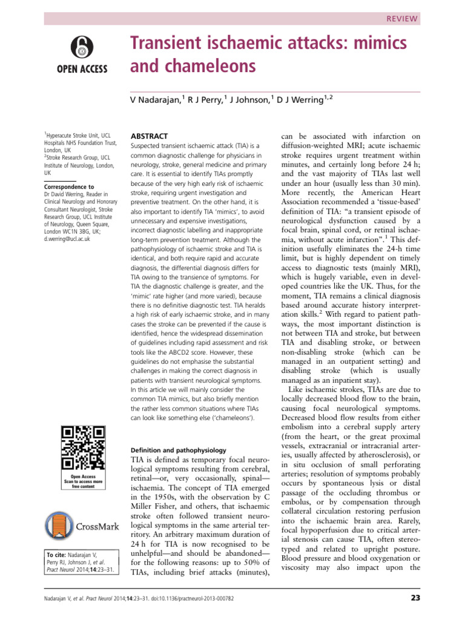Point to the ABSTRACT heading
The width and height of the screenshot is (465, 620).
(x=149, y=136)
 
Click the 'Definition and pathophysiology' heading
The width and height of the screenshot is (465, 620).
(x=178, y=450)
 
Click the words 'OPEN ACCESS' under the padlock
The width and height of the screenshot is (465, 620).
(x=82, y=68)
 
